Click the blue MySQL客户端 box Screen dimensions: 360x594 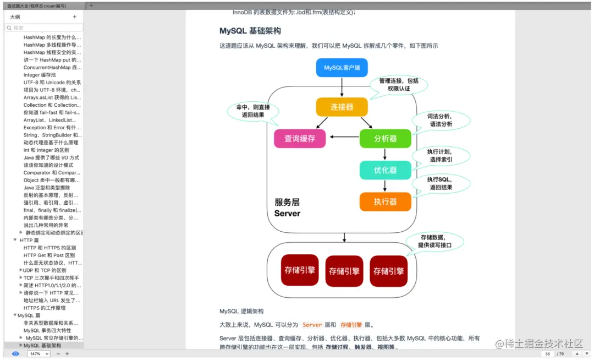click(342, 68)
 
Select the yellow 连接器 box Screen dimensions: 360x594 click(342, 107)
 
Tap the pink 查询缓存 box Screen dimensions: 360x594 click(300, 139)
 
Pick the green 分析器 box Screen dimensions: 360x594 click(385, 139)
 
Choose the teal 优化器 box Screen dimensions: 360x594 click(385, 170)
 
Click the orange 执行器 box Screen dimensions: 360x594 click(385, 201)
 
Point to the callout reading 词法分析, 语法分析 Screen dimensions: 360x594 click(441, 120)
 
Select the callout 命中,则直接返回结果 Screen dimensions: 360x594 click(253, 111)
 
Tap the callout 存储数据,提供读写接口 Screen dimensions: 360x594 click(435, 241)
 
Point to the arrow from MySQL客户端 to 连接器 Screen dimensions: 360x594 click(342, 87)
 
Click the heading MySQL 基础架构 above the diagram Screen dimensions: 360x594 click(250, 31)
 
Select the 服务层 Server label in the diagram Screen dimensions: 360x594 click(287, 208)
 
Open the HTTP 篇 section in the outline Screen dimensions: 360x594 click(29, 240)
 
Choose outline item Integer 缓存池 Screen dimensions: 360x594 click(40, 75)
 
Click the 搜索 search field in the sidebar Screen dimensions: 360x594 click(45, 28)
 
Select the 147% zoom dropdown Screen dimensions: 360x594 click(39, 353)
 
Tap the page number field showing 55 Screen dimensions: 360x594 click(548, 353)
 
